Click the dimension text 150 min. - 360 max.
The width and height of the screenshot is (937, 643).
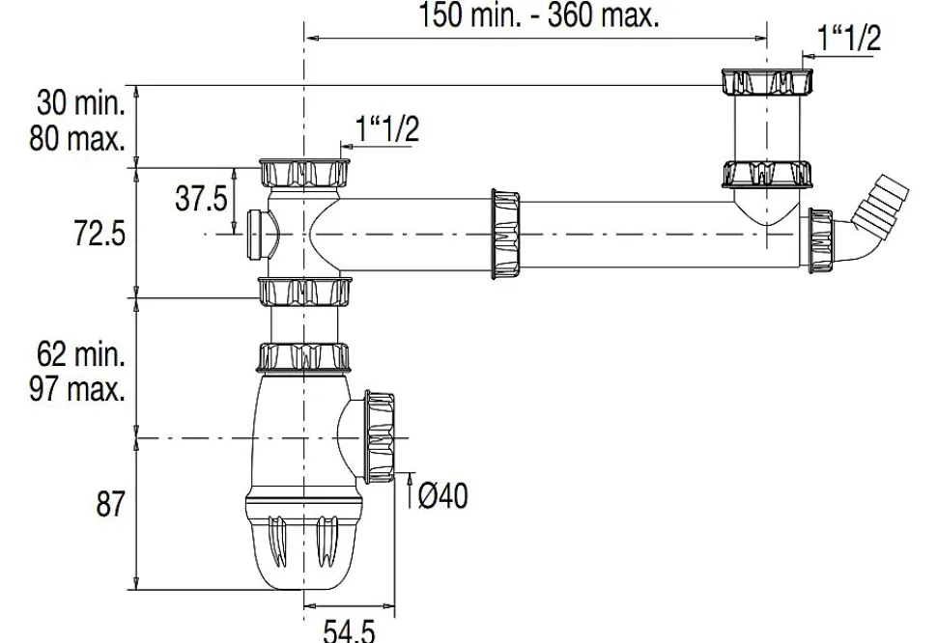tap(539, 15)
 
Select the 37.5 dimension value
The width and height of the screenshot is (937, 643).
tap(201, 199)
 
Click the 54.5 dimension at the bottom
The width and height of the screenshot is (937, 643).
tap(349, 632)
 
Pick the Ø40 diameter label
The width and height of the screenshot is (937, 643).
tap(443, 496)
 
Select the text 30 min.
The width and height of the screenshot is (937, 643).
tap(81, 102)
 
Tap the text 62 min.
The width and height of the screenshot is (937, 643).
tap(81, 354)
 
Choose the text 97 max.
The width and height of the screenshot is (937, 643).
tap(77, 390)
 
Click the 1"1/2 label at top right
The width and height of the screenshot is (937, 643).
tap(849, 39)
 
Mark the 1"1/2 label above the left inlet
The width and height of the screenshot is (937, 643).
tap(387, 128)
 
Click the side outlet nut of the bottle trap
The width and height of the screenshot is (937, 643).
tap(381, 436)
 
